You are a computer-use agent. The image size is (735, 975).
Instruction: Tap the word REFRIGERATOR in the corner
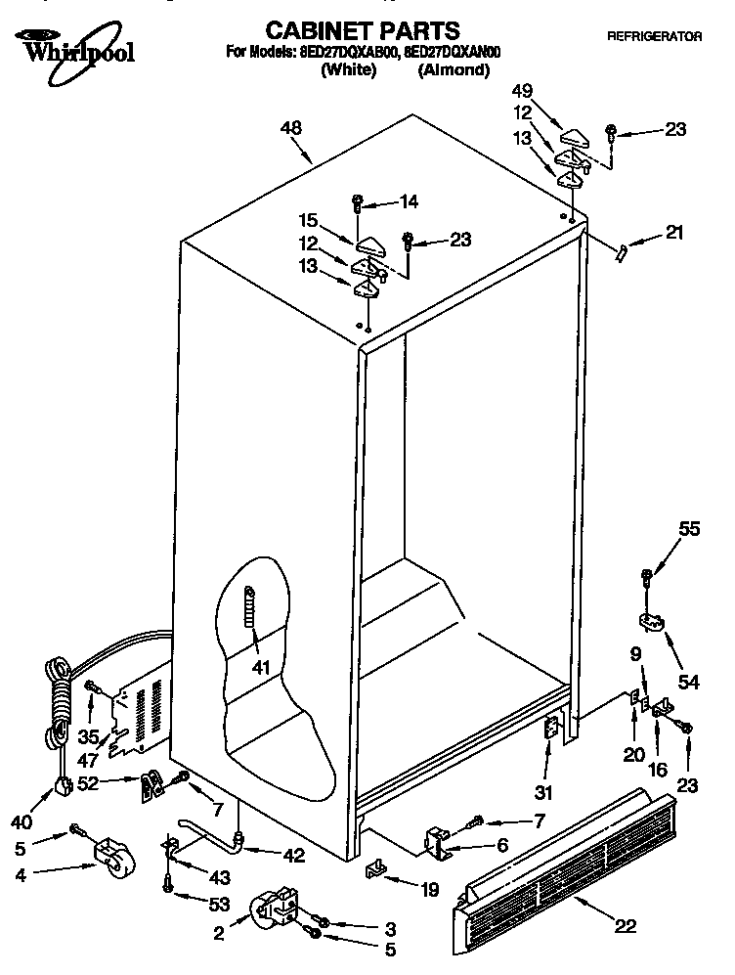pyautogui.click(x=654, y=36)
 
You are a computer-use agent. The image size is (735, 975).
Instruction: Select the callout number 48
pyautogui.click(x=290, y=127)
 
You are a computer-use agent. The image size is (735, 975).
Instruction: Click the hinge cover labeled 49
pyautogui.click(x=576, y=126)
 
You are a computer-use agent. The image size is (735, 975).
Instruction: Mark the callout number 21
pyautogui.click(x=674, y=233)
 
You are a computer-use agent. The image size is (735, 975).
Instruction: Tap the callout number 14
pyautogui.click(x=408, y=202)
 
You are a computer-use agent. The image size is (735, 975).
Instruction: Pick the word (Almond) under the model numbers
pyautogui.click(x=454, y=70)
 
